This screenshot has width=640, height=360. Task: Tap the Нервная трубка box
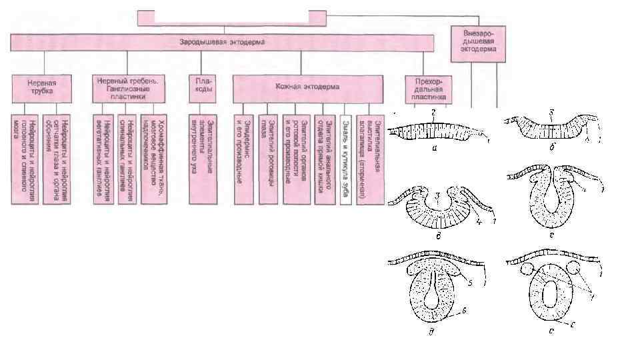click(x=41, y=88)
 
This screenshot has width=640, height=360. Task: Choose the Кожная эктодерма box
click(x=307, y=87)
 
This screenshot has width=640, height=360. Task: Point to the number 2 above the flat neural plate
click(x=433, y=114)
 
